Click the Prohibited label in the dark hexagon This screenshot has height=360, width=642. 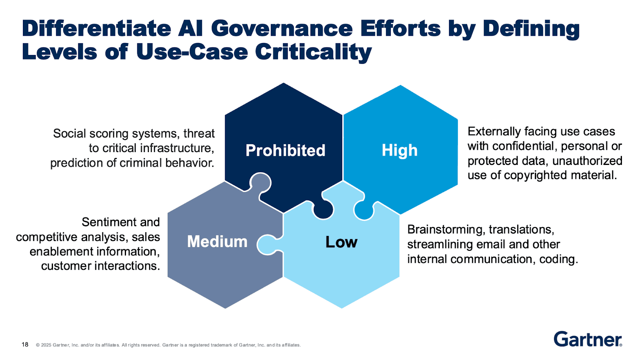(285, 151)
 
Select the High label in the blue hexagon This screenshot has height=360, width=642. (399, 151)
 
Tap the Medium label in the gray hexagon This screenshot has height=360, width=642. (217, 242)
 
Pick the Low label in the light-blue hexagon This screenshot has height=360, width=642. (341, 242)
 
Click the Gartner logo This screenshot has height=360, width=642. (588, 340)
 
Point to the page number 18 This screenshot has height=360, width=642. (25, 345)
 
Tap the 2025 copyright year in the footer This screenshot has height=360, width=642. (46, 345)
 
